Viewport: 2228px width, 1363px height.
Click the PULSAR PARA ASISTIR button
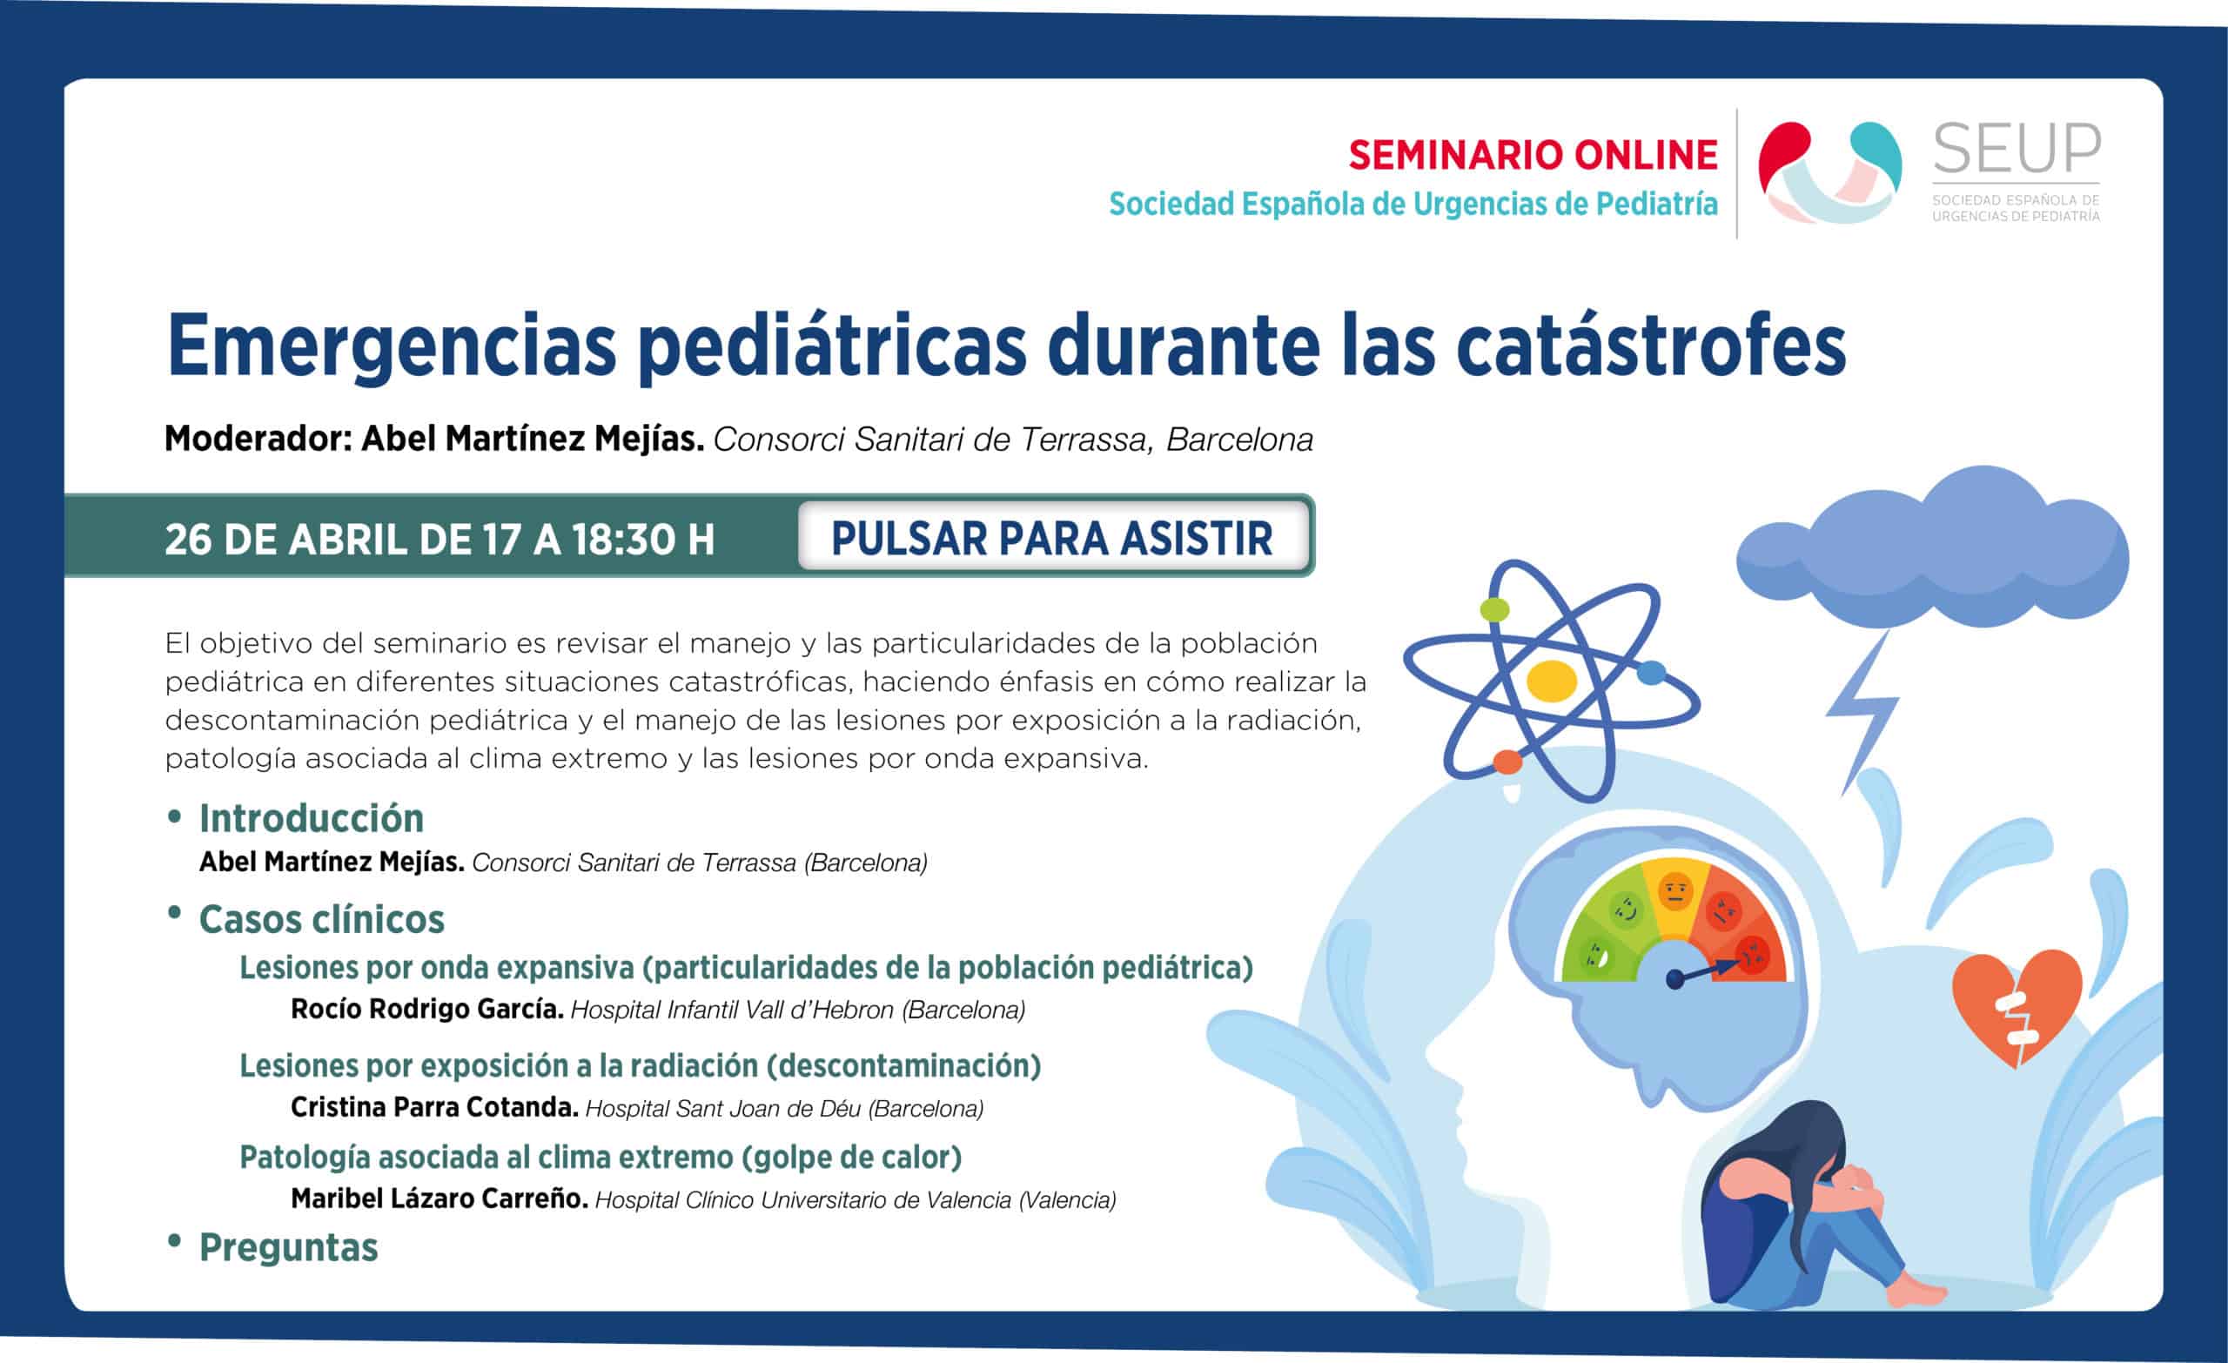tap(1053, 538)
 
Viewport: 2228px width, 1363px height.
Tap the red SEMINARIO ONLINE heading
tap(1533, 156)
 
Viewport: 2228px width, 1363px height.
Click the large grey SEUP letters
tap(2017, 150)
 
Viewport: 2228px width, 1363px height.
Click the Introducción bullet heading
tap(311, 818)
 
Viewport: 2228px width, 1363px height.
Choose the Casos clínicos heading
tap(322, 920)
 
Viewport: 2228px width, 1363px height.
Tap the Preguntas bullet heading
tap(288, 1248)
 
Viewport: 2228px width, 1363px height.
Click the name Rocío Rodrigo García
tap(427, 1010)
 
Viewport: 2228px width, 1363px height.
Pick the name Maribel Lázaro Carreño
tap(440, 1198)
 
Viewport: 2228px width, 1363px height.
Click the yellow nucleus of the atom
tap(1552, 681)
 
